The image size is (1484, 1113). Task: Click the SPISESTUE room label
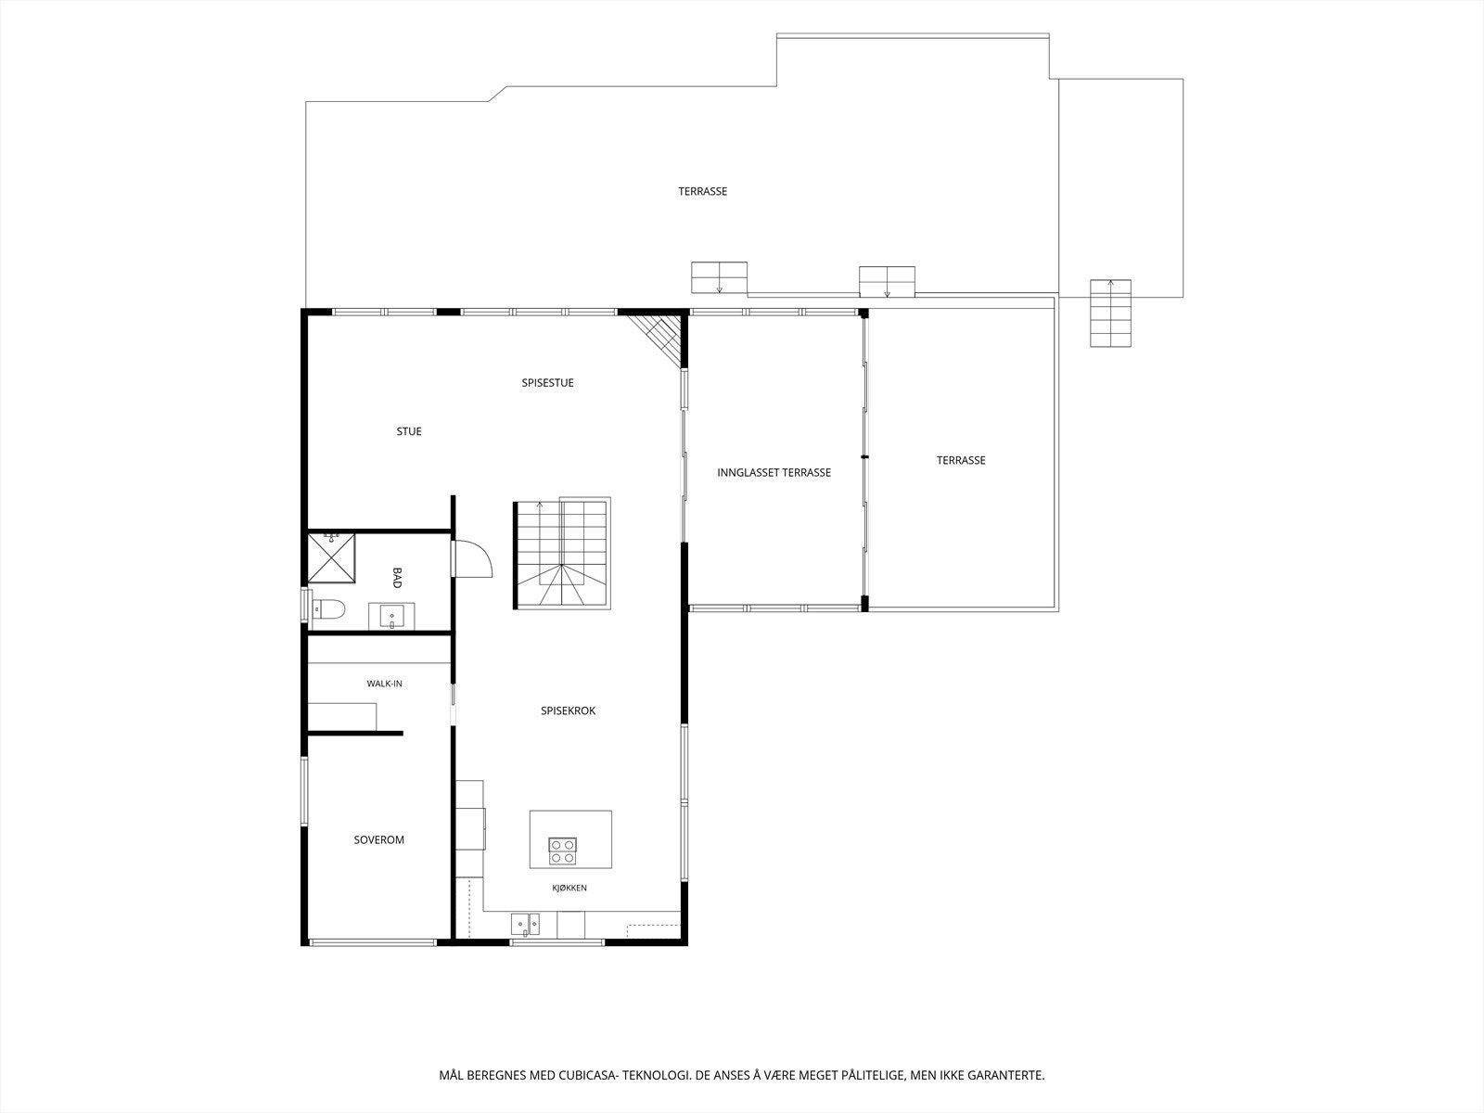tap(547, 382)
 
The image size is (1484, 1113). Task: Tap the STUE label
tap(409, 431)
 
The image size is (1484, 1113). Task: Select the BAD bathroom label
tap(397, 578)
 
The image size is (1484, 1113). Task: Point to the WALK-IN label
tap(384, 684)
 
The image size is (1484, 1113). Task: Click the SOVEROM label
tap(378, 839)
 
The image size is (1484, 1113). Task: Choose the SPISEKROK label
tap(568, 710)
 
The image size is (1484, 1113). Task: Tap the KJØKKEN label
tap(569, 888)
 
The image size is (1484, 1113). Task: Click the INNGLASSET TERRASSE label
tap(774, 472)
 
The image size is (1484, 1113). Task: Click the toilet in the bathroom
tap(327, 609)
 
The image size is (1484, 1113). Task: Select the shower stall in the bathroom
tap(331, 557)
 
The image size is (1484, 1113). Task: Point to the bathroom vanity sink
tap(391, 616)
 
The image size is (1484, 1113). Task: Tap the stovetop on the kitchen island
tap(562, 851)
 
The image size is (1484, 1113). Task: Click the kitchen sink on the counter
tap(525, 925)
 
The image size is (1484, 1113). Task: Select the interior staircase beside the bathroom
tap(562, 554)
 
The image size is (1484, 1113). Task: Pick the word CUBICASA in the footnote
tap(587, 1074)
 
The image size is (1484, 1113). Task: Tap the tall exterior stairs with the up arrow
tap(1110, 313)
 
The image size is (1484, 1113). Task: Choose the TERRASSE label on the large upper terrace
tap(702, 191)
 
